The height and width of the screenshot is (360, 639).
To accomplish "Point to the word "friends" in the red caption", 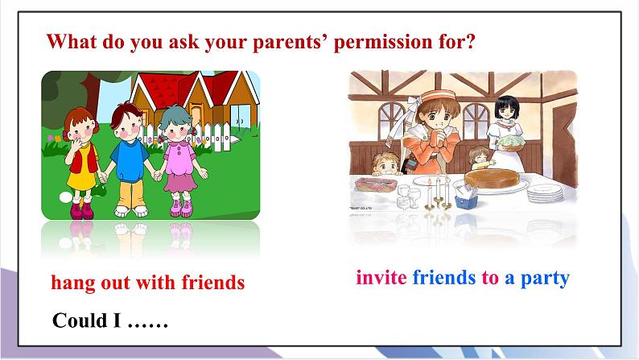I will point(207,283).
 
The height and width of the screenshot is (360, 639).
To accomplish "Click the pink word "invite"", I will point(381,278).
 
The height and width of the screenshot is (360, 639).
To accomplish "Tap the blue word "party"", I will point(546,278).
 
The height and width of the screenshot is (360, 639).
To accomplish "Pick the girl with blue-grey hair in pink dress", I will point(176,161).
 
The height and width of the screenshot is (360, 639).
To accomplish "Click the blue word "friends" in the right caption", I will point(443,278).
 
